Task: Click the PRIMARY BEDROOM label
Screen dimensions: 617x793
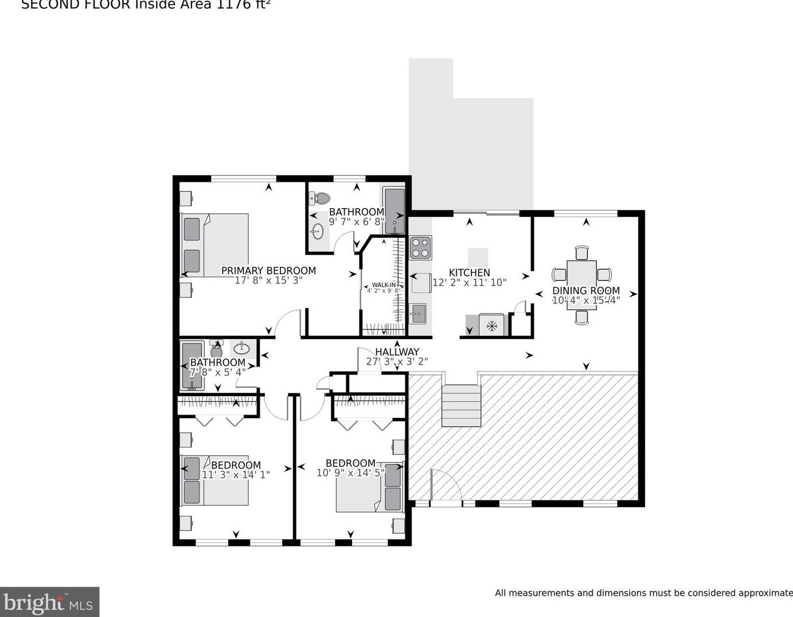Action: tap(268, 271)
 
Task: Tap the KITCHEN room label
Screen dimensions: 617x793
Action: tap(469, 273)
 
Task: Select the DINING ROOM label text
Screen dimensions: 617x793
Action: tap(585, 291)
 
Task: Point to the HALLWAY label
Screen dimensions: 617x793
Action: tap(397, 352)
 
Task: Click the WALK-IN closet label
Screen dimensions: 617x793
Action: tap(383, 285)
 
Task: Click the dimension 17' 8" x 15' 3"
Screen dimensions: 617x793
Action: tap(268, 280)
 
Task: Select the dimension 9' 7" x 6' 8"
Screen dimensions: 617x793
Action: tap(356, 221)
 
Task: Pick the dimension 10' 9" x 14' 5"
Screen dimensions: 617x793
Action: tap(350, 473)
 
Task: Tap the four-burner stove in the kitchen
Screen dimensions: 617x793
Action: tap(420, 247)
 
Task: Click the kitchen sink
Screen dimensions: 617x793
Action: tap(418, 313)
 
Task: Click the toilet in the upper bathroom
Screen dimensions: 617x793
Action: tap(319, 198)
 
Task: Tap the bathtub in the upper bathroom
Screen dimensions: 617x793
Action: tap(394, 209)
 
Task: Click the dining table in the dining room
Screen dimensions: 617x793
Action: tap(582, 285)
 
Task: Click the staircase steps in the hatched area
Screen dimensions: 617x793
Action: tap(461, 406)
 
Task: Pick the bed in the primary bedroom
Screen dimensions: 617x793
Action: tap(215, 245)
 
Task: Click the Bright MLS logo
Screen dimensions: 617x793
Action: tap(49, 603)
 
